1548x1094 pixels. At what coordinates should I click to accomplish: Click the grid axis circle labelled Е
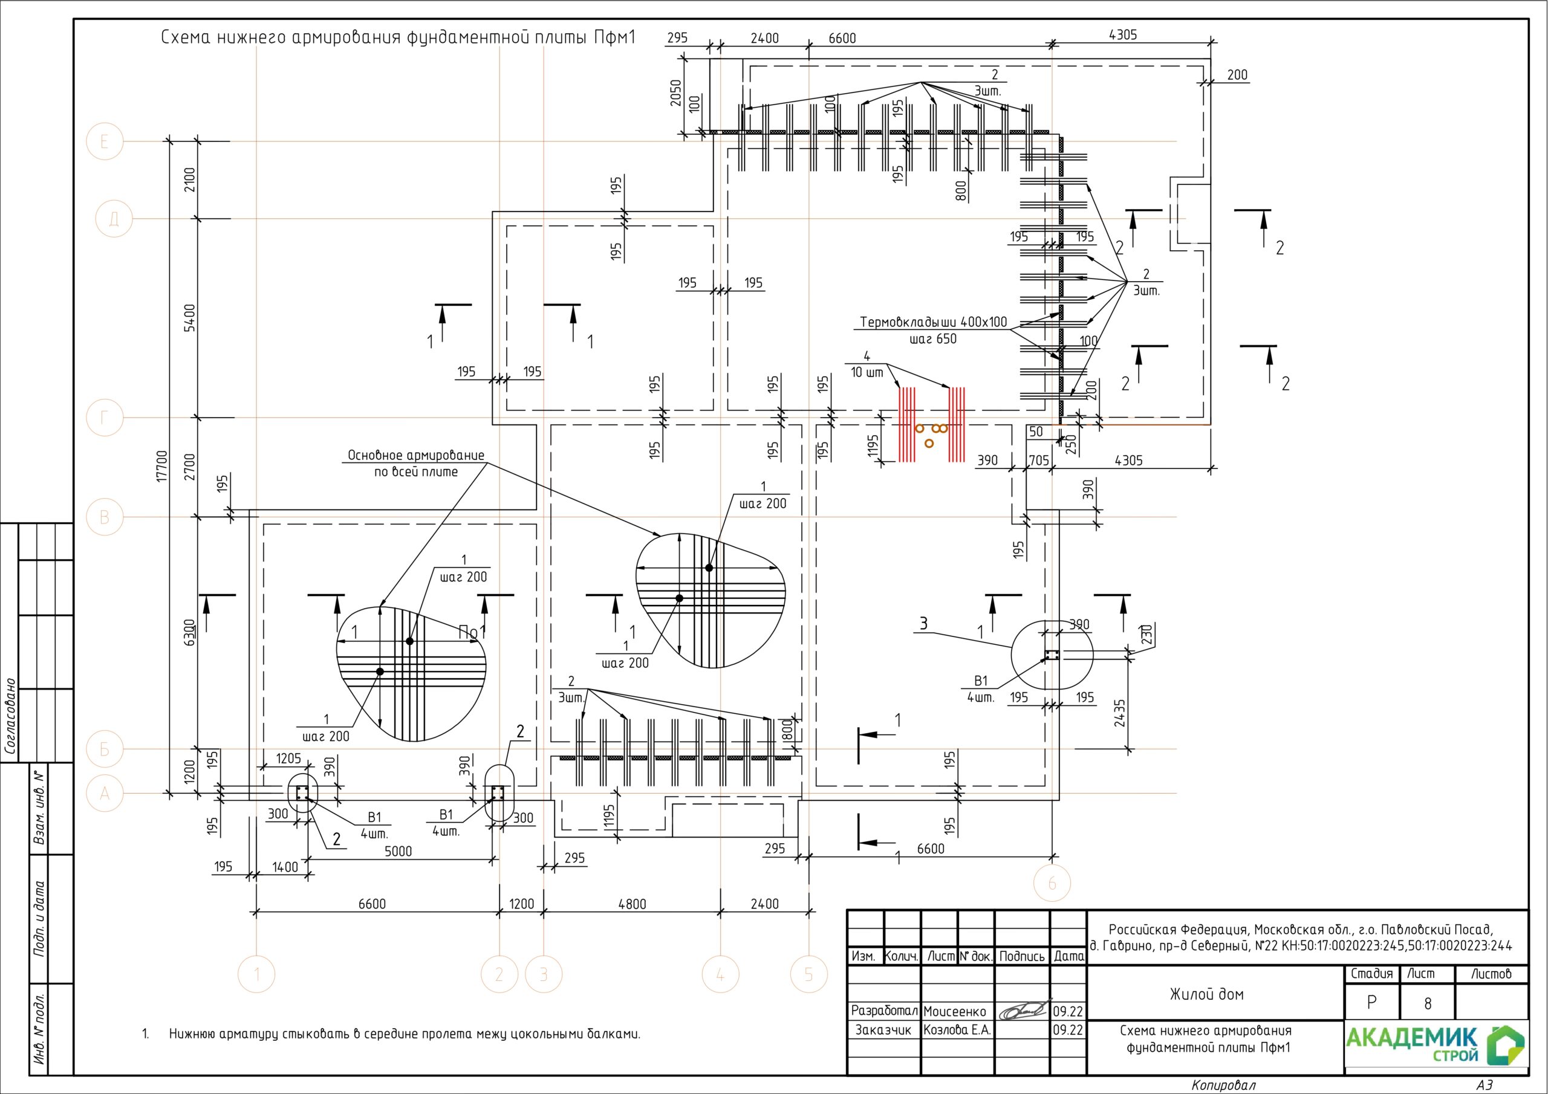coord(105,141)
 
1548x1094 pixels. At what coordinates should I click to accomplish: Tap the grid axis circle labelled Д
coord(114,219)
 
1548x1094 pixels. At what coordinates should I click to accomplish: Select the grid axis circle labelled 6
coord(1052,883)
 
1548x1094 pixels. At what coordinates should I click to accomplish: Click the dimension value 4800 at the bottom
coord(632,904)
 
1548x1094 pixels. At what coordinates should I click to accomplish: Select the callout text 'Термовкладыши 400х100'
coord(933,322)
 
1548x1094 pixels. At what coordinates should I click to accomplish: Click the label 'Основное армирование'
coord(416,455)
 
